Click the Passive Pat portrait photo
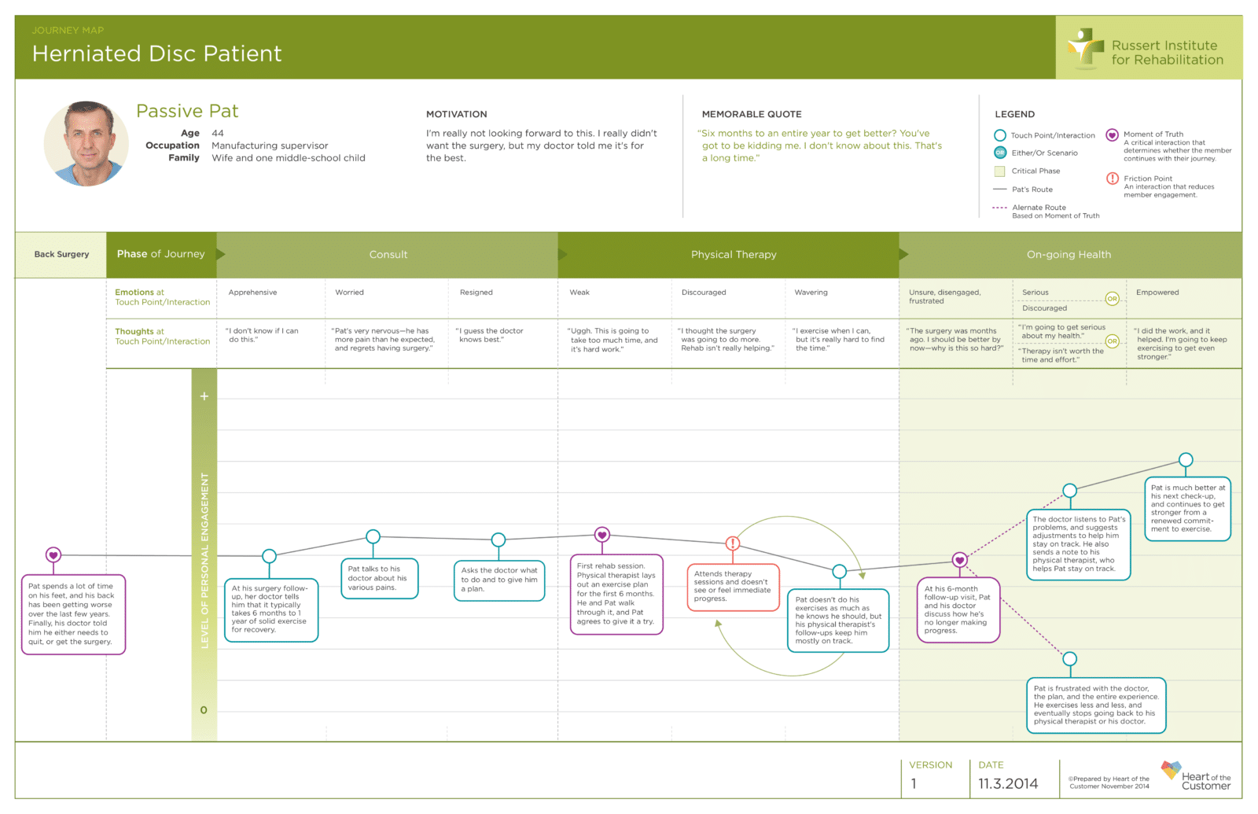tap(86, 144)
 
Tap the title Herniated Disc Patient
tap(156, 53)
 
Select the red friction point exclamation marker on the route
tap(732, 543)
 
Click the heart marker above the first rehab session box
tap(602, 535)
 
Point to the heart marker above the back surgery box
tap(53, 555)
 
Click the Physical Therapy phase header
tap(734, 255)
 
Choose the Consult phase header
tap(388, 255)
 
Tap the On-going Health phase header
tap(1069, 255)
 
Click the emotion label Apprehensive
tap(252, 293)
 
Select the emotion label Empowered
tap(1157, 293)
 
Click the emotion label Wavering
tap(811, 293)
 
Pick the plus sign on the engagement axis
tap(204, 396)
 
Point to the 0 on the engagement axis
tap(204, 710)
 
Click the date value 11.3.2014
tap(1008, 783)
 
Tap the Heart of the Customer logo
tap(1196, 776)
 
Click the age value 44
tap(217, 133)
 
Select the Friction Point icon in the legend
tap(1112, 179)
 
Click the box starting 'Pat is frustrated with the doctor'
tap(1096, 705)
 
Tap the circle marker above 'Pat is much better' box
tap(1186, 460)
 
